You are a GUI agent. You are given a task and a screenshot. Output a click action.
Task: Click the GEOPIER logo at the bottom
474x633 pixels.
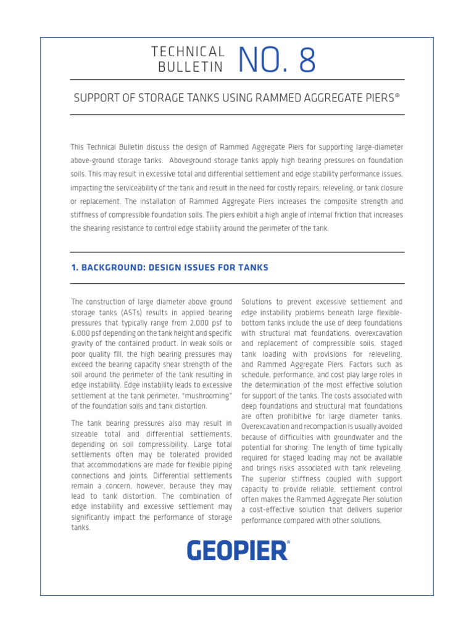click(237, 550)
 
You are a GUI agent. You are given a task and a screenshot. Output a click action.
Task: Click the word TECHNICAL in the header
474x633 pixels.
click(188, 53)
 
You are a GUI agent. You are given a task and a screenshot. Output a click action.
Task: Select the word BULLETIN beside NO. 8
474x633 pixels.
click(191, 67)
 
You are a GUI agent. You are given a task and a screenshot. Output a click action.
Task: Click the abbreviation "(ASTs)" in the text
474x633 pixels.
click(143, 312)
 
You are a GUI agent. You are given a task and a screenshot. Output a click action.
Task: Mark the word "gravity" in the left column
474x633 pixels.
click(84, 343)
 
